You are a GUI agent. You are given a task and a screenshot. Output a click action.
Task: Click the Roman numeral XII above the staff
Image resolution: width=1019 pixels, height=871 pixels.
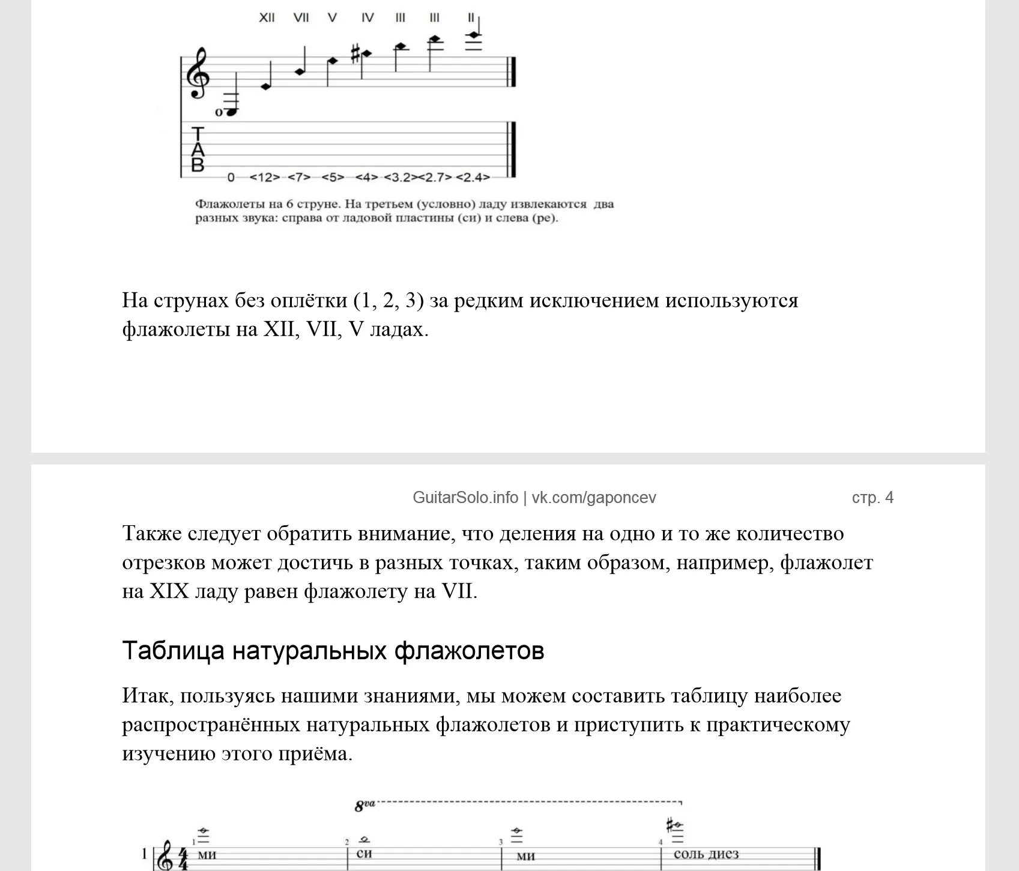pyautogui.click(x=267, y=17)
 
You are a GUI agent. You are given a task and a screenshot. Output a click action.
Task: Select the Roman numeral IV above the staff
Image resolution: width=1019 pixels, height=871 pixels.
pyautogui.click(x=367, y=17)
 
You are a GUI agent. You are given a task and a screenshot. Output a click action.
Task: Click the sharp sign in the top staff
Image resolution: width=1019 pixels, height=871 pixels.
pyautogui.click(x=355, y=55)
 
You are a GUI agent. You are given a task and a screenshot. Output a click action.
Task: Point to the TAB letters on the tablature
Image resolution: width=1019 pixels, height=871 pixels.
pyautogui.click(x=198, y=149)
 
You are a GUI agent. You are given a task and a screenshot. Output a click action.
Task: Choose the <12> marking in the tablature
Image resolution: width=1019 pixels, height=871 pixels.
pyautogui.click(x=264, y=178)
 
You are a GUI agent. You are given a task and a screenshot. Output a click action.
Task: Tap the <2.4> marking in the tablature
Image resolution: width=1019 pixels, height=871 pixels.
pyautogui.click(x=473, y=178)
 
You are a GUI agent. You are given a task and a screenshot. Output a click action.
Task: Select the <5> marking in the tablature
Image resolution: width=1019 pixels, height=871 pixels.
pyautogui.click(x=333, y=178)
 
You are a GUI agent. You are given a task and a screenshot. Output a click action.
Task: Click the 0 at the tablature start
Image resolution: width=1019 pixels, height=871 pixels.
pyautogui.click(x=231, y=178)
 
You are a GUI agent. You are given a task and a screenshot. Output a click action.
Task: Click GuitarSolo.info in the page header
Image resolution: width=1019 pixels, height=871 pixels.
pyautogui.click(x=465, y=498)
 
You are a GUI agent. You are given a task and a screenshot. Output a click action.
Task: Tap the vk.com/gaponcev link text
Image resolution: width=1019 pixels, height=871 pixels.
pyautogui.click(x=594, y=498)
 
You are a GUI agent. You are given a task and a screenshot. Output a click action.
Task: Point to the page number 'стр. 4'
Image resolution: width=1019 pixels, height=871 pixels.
pyautogui.click(x=872, y=498)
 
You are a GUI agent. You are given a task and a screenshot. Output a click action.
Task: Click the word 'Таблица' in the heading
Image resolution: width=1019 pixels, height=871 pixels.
pyautogui.click(x=173, y=651)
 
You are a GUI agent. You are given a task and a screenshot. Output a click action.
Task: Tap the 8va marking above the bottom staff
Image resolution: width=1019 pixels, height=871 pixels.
pyautogui.click(x=364, y=806)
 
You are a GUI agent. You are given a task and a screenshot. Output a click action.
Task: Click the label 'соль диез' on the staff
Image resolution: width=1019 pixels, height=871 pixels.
pyautogui.click(x=706, y=854)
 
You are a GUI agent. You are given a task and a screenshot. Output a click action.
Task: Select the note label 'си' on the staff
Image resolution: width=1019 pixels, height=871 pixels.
pyautogui.click(x=364, y=854)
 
